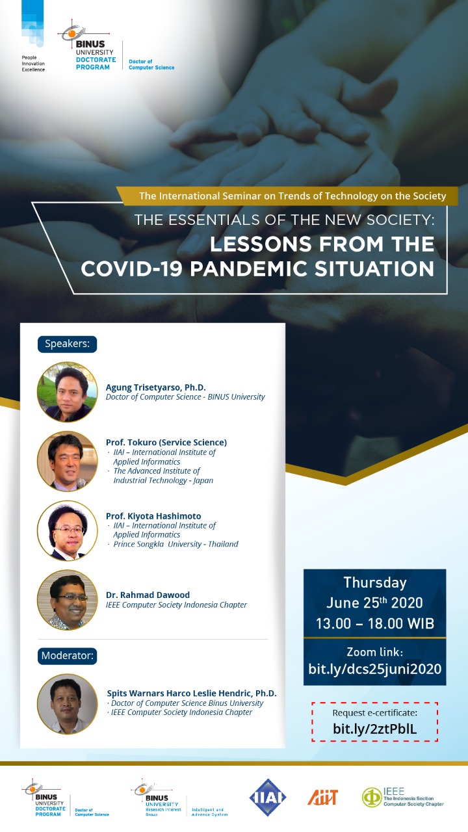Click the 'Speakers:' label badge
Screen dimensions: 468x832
(x=67, y=344)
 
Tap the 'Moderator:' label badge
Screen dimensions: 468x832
(x=67, y=656)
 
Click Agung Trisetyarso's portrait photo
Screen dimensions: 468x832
(x=67, y=392)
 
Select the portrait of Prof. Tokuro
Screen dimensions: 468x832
(x=67, y=461)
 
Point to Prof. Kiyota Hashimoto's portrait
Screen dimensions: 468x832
(x=67, y=530)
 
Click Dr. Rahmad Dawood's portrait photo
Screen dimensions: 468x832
(x=67, y=600)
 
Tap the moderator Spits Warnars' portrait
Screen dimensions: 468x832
(x=67, y=704)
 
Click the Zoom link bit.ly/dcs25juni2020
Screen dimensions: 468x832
(x=375, y=669)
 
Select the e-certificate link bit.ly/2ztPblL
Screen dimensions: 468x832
(x=375, y=729)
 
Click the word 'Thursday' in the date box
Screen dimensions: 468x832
(x=375, y=583)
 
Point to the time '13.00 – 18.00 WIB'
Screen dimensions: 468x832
(x=375, y=623)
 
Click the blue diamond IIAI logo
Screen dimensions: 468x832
(x=267, y=798)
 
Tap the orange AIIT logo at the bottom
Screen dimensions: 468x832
(x=322, y=797)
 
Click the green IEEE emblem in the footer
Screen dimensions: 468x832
(x=371, y=798)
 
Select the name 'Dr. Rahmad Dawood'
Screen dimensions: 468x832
(x=148, y=595)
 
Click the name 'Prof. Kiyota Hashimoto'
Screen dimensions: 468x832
(x=153, y=516)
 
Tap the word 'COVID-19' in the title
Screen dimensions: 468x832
(x=131, y=268)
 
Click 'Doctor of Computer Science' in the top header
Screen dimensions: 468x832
(x=151, y=64)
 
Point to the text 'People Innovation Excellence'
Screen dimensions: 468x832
(x=33, y=64)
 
